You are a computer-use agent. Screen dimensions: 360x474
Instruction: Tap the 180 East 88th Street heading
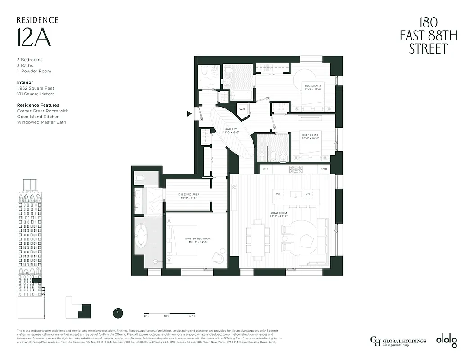pos(428,36)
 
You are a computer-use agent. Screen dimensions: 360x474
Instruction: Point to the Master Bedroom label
pos(198,240)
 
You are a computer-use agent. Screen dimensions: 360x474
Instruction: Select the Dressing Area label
pos(189,197)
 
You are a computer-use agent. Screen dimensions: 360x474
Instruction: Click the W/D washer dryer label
pos(242,109)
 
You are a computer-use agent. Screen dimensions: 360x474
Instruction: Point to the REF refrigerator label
pos(265,169)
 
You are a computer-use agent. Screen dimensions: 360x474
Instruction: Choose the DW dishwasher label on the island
pos(307,194)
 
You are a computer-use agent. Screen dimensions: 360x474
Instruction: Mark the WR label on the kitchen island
pos(278,194)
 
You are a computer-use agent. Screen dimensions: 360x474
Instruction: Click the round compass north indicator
pos(118,313)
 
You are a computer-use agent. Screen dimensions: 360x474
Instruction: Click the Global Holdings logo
pos(398,341)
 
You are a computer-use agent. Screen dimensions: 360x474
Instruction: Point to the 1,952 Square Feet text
pos(36,89)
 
